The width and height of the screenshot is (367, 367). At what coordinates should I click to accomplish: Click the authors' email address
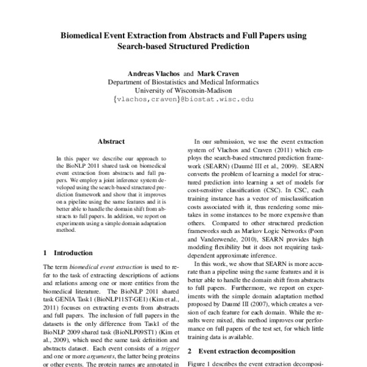[x=183, y=98]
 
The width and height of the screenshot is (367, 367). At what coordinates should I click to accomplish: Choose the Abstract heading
[x=111, y=140]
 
